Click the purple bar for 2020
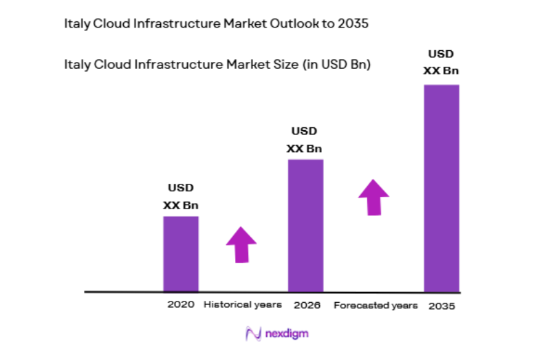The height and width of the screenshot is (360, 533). (180, 253)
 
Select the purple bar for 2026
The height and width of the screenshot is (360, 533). (305, 225)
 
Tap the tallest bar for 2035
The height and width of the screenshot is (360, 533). (441, 188)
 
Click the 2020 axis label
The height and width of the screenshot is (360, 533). (181, 304)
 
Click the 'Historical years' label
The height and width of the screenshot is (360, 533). (243, 304)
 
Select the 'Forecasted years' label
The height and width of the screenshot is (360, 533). (376, 305)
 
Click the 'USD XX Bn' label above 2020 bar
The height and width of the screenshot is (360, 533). (181, 196)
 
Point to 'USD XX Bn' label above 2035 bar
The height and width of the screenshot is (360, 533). (441, 62)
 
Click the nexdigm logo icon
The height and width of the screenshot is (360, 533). (252, 334)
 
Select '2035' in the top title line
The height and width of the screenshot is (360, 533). (353, 23)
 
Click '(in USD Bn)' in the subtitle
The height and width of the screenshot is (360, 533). (336, 65)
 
